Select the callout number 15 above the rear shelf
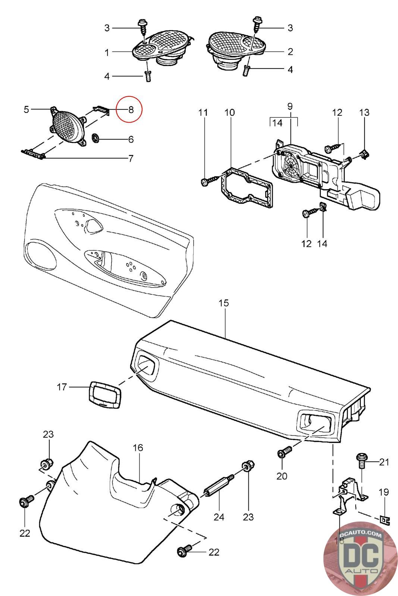pyautogui.click(x=223, y=303)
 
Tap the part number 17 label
pyautogui.click(x=62, y=387)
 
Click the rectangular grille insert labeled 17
pyautogui.click(x=106, y=394)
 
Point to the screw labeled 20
pyautogui.click(x=283, y=453)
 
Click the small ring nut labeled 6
pyautogui.click(x=95, y=139)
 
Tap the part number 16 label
pyautogui.click(x=138, y=447)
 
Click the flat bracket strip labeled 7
pyautogui.click(x=34, y=153)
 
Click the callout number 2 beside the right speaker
pyautogui.click(x=290, y=51)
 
